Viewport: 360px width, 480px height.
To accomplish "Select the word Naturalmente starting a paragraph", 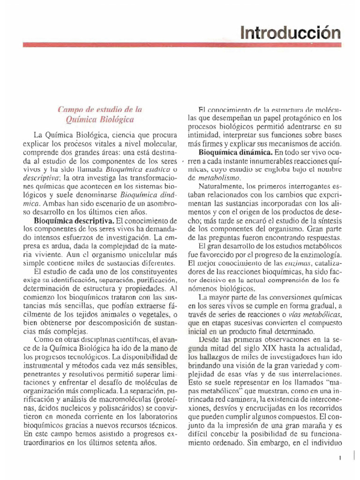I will tap(220, 186).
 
